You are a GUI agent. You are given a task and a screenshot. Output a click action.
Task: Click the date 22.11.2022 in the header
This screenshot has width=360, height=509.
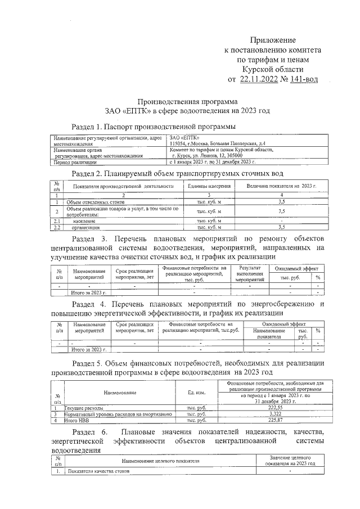pyautogui.click(x=260, y=79)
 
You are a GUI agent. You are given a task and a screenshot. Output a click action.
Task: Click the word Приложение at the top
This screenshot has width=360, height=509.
pyautogui.click(x=272, y=40)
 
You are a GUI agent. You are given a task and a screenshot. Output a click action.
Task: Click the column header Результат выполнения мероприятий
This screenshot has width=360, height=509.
pyautogui.click(x=250, y=274)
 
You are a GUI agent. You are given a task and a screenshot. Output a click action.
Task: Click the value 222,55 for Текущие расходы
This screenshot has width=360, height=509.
pyautogui.click(x=274, y=408)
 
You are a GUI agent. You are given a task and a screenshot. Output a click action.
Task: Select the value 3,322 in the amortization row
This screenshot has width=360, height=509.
pyautogui.click(x=274, y=414)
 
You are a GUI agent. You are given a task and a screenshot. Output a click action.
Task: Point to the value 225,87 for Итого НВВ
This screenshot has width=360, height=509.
pyautogui.click(x=274, y=420)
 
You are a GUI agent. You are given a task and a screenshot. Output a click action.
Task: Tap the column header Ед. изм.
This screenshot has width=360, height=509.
pyautogui.click(x=195, y=392)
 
